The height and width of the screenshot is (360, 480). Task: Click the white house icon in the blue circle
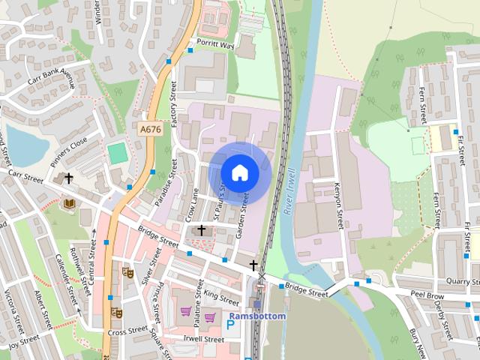point(239,173)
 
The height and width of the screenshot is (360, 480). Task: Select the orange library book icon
point(69,203)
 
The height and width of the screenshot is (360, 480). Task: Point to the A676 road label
point(150,129)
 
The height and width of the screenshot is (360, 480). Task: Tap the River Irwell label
point(292,192)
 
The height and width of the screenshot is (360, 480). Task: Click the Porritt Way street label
point(216,45)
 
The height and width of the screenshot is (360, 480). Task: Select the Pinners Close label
point(70,151)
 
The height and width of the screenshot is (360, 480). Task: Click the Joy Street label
point(23,340)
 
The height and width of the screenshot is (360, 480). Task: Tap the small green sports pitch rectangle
point(117,153)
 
